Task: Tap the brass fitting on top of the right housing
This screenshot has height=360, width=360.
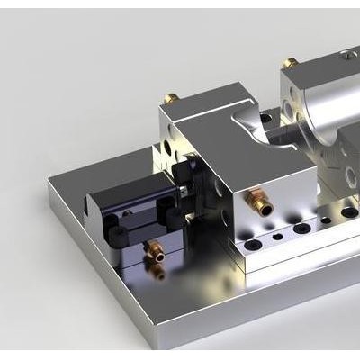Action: tap(291, 66)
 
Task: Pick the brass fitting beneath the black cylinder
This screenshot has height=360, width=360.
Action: tap(156, 252)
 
